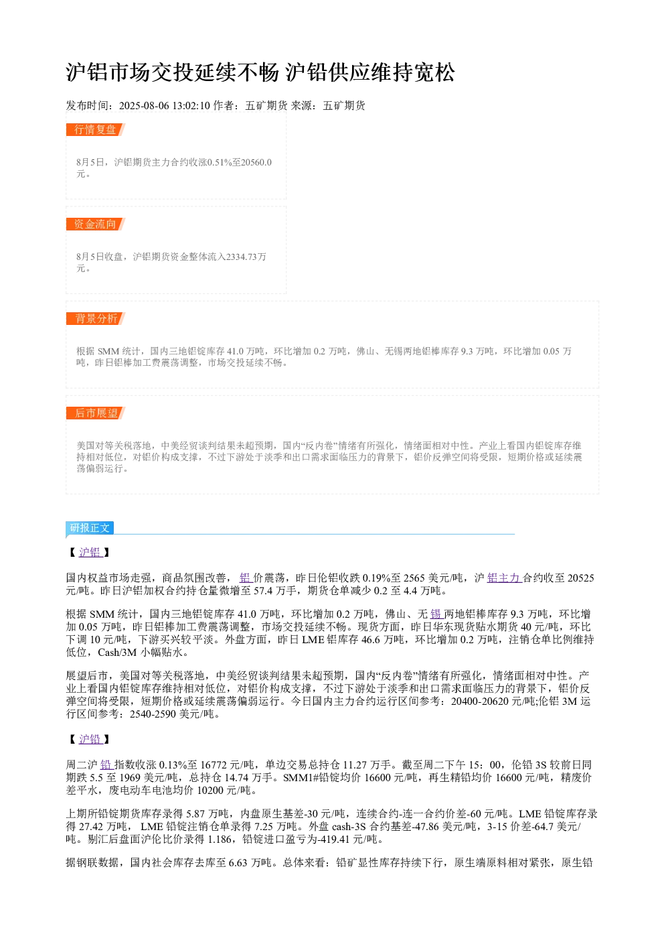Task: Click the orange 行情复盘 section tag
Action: [x=96, y=130]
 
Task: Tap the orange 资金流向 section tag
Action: [x=96, y=224]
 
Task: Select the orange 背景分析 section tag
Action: [x=96, y=318]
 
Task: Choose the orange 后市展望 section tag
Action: [x=96, y=413]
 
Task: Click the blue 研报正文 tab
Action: [x=90, y=528]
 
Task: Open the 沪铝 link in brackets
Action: [x=90, y=552]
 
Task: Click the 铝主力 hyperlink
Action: [x=504, y=578]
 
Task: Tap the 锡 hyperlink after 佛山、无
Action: [x=437, y=614]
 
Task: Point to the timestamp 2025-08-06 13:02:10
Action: [x=164, y=105]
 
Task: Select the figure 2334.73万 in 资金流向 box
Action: [x=246, y=257]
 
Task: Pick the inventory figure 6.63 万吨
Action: [x=250, y=862]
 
